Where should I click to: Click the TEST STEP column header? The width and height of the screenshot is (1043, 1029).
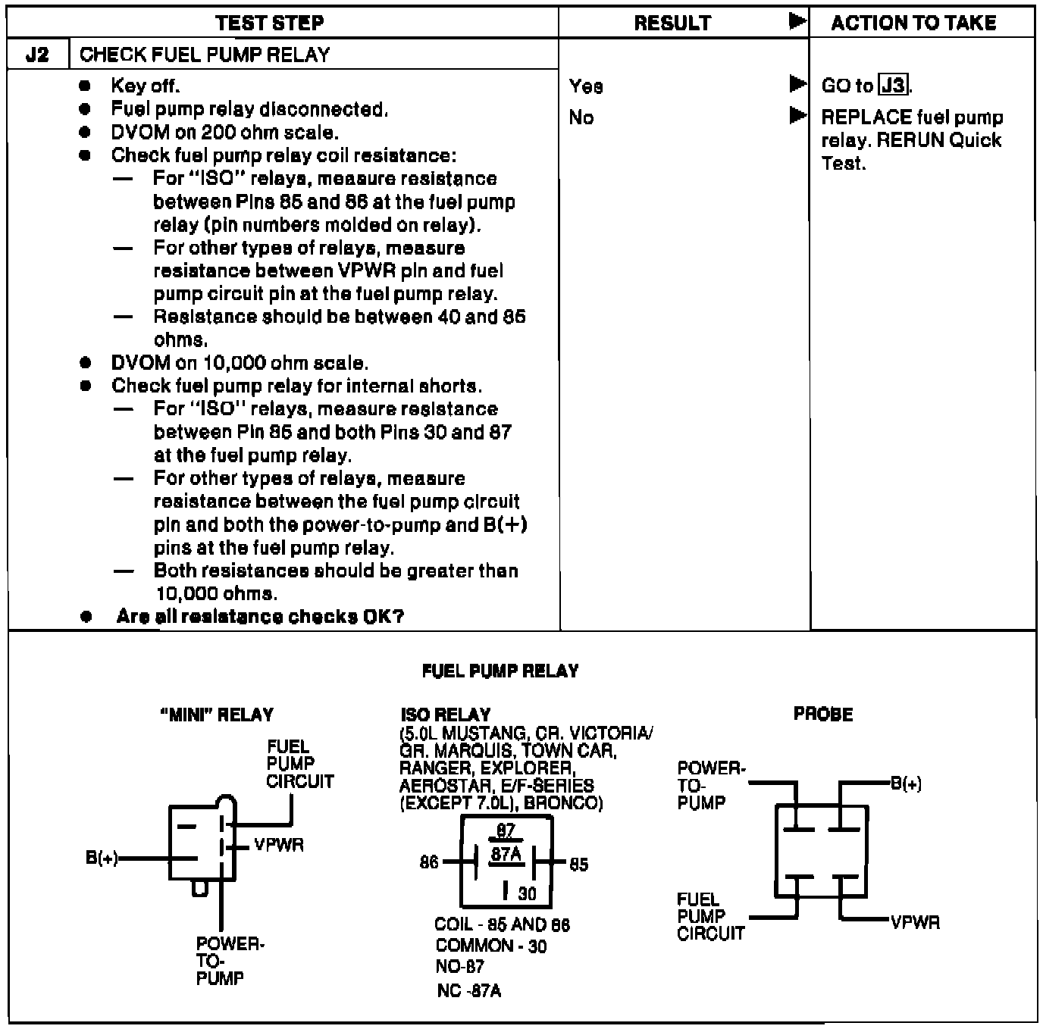[x=269, y=23]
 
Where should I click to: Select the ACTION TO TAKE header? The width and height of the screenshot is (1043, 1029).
[x=913, y=23]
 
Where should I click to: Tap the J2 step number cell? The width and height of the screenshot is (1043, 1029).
[x=37, y=55]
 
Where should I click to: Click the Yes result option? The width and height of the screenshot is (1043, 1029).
[x=586, y=86]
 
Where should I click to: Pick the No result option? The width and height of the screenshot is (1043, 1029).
[x=581, y=117]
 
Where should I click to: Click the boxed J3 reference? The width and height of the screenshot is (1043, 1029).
[x=894, y=85]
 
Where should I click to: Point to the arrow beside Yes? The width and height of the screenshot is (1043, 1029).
[x=797, y=83]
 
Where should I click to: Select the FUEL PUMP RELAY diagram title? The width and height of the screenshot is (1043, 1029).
[x=500, y=671]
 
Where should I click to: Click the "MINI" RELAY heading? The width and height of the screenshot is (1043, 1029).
[x=217, y=715]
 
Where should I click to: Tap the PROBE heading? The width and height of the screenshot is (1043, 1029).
[x=823, y=714]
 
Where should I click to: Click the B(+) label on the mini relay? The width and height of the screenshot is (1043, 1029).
[x=102, y=859]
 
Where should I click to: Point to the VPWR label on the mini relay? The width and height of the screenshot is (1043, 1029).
[x=279, y=845]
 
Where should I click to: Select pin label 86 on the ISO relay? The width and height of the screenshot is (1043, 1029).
[x=429, y=862]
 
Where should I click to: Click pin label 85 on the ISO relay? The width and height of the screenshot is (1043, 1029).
[x=578, y=865]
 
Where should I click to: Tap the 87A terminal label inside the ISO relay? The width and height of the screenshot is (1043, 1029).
[x=506, y=855]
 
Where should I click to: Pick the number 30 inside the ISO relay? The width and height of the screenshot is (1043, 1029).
[x=527, y=894]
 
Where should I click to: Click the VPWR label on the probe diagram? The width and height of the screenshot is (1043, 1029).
[x=916, y=922]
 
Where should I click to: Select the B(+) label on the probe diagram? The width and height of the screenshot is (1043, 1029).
[x=906, y=783]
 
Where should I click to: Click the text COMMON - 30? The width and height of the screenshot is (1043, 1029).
[x=491, y=946]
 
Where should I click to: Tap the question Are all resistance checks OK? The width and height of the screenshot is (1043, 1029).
[x=260, y=617]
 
